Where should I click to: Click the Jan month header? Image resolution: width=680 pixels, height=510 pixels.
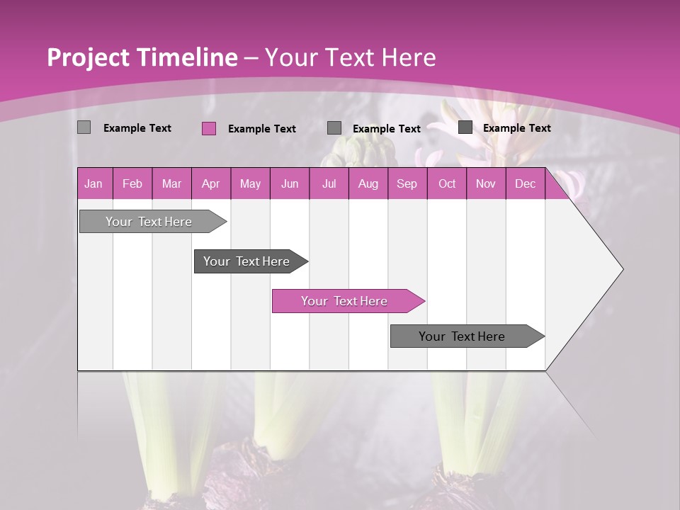click(93, 184)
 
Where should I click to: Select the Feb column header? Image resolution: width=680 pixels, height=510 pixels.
click(132, 184)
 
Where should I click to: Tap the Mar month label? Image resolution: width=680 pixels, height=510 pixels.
click(171, 184)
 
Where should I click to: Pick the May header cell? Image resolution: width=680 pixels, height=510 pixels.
click(250, 184)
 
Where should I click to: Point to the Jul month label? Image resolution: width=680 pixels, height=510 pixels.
click(329, 184)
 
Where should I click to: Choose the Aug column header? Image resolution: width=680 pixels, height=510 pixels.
click(368, 184)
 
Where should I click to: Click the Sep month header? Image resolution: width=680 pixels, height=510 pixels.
click(407, 184)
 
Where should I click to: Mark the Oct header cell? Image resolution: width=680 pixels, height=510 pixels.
click(447, 184)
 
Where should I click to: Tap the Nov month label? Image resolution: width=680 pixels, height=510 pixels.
click(486, 184)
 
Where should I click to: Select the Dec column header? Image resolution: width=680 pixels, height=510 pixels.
click(525, 184)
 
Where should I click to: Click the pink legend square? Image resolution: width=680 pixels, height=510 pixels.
click(209, 128)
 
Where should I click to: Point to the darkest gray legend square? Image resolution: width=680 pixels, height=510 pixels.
click(465, 127)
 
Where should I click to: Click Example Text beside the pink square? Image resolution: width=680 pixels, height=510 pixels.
click(262, 129)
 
